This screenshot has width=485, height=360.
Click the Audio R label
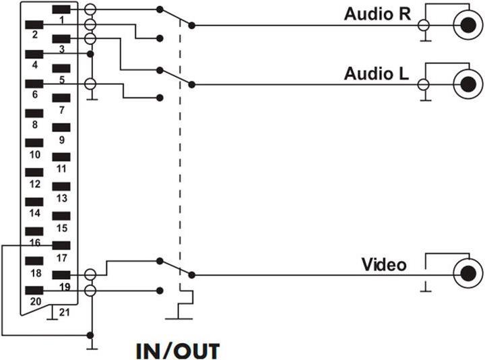(x=375, y=13)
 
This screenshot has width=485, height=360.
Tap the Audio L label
(x=375, y=72)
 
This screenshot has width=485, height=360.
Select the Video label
(x=384, y=264)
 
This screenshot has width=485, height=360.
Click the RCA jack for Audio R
(x=467, y=26)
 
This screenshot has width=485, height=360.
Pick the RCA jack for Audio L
(x=467, y=85)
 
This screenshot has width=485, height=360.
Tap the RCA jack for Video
(x=467, y=274)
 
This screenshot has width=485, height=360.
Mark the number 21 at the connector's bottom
(x=64, y=311)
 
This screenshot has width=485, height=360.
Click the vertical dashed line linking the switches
(x=180, y=169)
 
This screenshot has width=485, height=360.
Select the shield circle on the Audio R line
(x=424, y=26)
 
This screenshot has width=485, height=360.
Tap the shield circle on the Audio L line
(x=424, y=85)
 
